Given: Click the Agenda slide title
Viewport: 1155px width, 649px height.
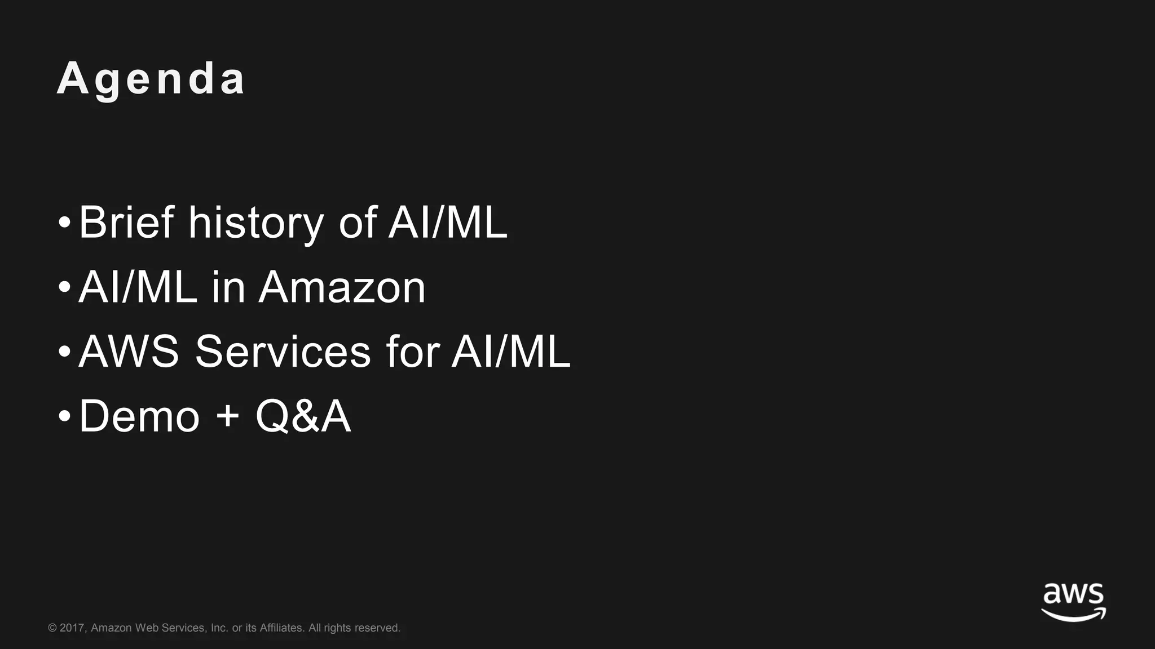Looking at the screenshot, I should (x=151, y=79).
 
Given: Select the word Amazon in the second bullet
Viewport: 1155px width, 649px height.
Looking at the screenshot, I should (x=342, y=287).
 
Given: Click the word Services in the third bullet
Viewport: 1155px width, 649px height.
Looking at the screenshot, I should (x=283, y=352).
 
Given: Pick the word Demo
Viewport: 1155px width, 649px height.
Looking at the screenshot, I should (x=139, y=416).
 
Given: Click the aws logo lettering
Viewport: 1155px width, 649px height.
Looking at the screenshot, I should (x=1073, y=594).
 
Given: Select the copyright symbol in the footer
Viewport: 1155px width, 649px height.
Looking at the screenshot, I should (x=52, y=628).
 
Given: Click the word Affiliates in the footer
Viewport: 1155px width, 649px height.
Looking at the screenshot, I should (x=281, y=628).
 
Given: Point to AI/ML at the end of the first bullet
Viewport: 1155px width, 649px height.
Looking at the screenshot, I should (x=448, y=223).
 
